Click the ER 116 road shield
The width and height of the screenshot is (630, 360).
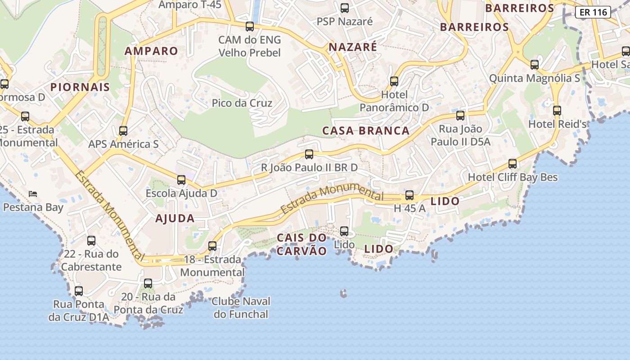pyautogui.click(x=593, y=12)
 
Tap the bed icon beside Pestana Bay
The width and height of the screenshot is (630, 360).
pyautogui.click(x=33, y=194)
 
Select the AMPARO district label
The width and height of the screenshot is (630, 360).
pyautogui.click(x=151, y=51)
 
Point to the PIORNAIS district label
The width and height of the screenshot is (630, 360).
pyautogui.click(x=80, y=87)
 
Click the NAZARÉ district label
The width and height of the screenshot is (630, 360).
pyautogui.click(x=353, y=47)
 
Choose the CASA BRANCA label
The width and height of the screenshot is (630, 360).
pyautogui.click(x=366, y=131)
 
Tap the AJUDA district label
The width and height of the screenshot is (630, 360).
pyautogui.click(x=175, y=219)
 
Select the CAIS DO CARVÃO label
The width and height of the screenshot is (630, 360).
pyautogui.click(x=301, y=244)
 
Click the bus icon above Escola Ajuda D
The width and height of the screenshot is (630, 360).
pyautogui.click(x=181, y=180)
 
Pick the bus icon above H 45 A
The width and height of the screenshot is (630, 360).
pyautogui.click(x=409, y=195)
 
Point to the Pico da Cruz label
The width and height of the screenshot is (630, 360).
pyautogui.click(x=242, y=103)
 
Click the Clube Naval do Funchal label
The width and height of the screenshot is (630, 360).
pyautogui.click(x=241, y=308)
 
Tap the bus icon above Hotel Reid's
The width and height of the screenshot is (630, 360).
pyautogui.click(x=557, y=110)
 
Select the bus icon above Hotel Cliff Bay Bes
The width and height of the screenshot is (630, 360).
pyautogui.click(x=513, y=164)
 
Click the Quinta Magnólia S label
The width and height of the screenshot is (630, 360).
pyautogui.click(x=535, y=78)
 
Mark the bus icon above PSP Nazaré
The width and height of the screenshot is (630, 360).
pyautogui.click(x=345, y=8)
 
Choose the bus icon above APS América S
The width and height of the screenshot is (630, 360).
pyautogui.click(x=123, y=131)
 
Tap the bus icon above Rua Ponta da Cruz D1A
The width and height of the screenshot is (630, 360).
pyautogui.click(x=79, y=291)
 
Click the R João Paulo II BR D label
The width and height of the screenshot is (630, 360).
pyautogui.click(x=310, y=167)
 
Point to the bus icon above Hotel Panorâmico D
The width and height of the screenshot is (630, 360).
pyautogui.click(x=394, y=81)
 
